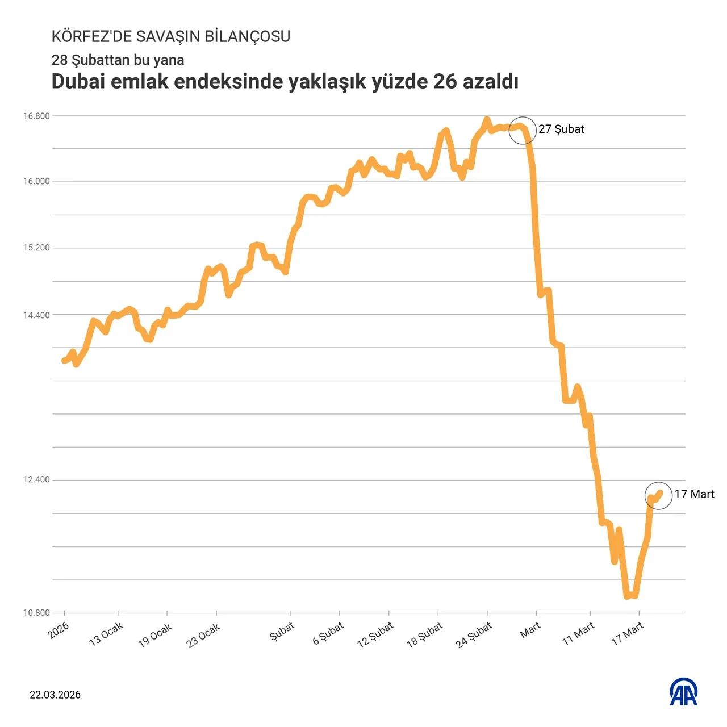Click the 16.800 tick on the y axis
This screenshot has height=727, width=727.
[x=36, y=116]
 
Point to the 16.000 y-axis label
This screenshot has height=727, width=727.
[x=36, y=182]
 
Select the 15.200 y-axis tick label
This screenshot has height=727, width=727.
[x=36, y=248]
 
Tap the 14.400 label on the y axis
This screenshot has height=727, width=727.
[x=36, y=315]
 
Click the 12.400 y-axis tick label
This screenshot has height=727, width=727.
[x=36, y=480]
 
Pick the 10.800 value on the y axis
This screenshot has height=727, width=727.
[x=36, y=613]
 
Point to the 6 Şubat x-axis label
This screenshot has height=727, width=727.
[x=328, y=633]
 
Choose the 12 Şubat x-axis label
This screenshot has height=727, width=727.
[x=375, y=635]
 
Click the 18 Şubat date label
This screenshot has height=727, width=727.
[x=424, y=635]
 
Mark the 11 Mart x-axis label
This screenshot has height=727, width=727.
[x=578, y=633]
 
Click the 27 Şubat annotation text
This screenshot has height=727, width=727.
[x=561, y=129]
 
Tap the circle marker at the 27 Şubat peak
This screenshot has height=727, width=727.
[x=523, y=130]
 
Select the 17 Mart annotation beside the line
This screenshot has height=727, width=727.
[x=694, y=495]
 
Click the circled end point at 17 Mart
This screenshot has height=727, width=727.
[x=658, y=496]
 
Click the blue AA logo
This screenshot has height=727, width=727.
[x=684, y=692]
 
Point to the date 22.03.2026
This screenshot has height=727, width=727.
[x=55, y=695]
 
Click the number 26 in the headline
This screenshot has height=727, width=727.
[x=445, y=82]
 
